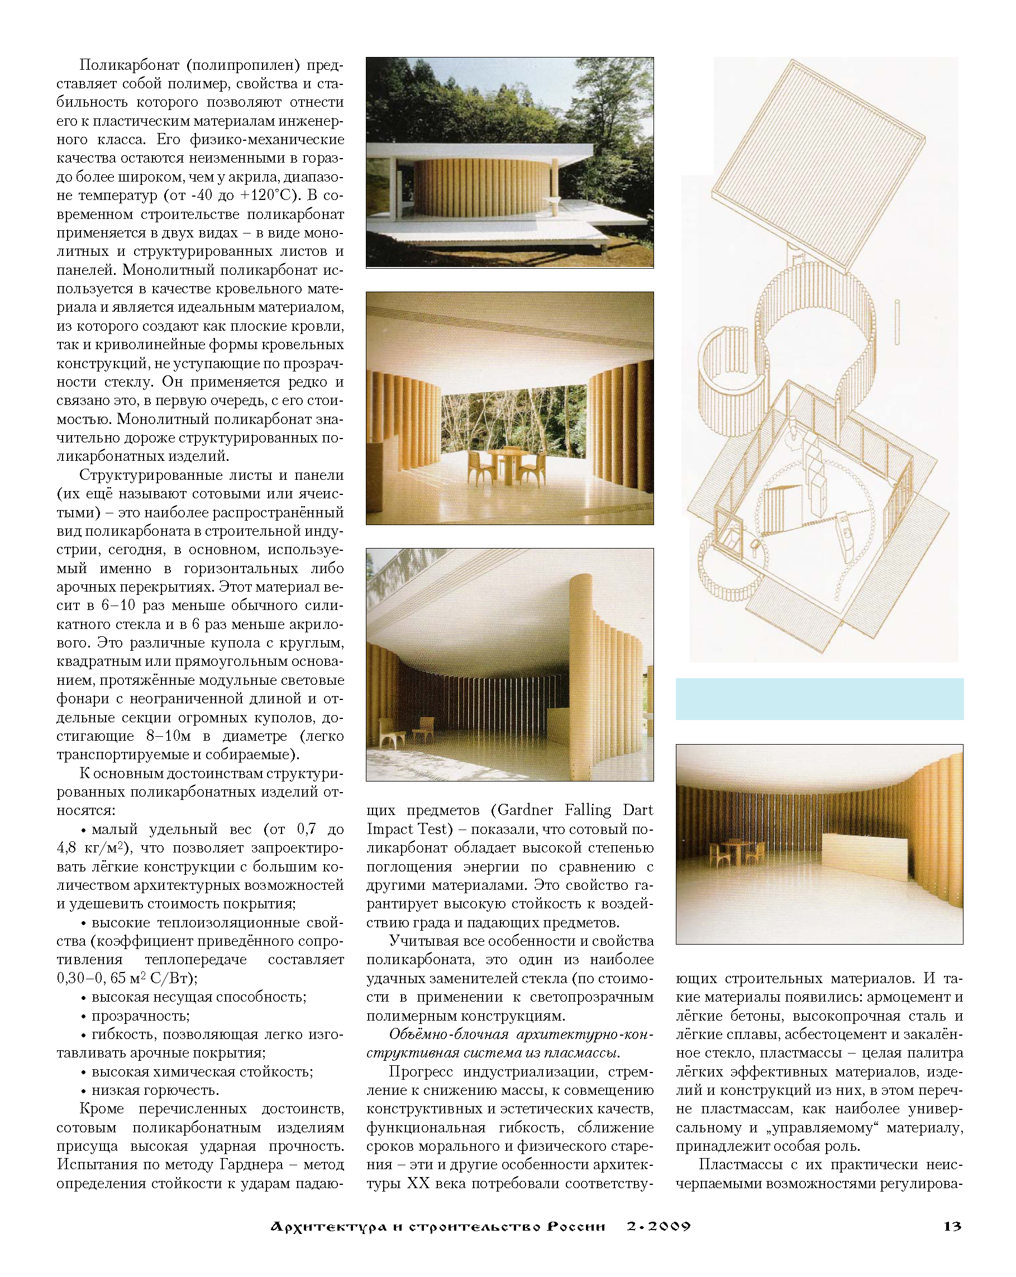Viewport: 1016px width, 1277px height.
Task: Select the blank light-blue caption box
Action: coord(819,699)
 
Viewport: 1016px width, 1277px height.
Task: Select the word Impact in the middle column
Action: coord(388,829)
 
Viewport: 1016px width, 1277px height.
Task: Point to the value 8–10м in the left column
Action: coord(168,736)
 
